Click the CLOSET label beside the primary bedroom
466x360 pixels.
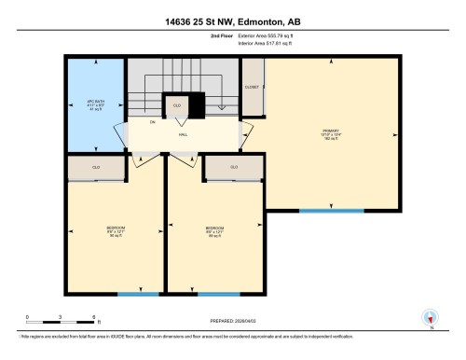252,87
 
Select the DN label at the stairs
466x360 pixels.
152,121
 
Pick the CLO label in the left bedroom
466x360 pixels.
95,168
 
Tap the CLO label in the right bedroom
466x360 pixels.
234,168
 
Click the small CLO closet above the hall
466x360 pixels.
176,105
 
